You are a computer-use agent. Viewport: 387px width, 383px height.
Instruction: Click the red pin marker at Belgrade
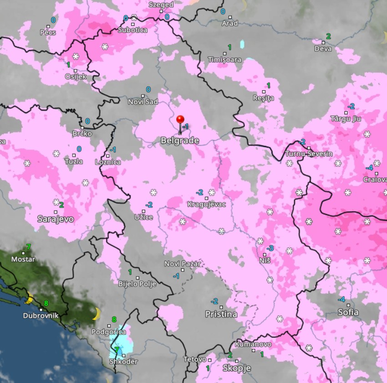[x=181, y=120]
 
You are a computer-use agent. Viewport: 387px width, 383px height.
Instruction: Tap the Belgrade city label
[x=179, y=140]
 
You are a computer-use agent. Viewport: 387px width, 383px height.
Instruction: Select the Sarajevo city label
[x=56, y=219]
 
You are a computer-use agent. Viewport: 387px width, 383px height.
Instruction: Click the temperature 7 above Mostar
[x=28, y=247]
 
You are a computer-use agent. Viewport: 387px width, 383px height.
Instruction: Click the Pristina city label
[x=221, y=314]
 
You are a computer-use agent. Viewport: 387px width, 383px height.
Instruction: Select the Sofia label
[x=348, y=313]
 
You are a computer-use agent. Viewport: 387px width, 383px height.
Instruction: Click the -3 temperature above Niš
[x=270, y=248]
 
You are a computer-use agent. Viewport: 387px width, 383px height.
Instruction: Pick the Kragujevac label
[x=206, y=204]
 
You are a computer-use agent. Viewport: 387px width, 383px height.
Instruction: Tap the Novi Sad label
[x=143, y=102]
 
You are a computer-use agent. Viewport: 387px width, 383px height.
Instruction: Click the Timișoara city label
[x=224, y=60]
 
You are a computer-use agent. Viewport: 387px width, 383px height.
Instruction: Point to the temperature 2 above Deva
[x=328, y=36]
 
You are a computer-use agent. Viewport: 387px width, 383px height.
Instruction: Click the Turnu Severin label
[x=309, y=154]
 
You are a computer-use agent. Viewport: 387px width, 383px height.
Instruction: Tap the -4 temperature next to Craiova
[x=370, y=168]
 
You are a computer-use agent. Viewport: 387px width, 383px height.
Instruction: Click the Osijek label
[x=76, y=77]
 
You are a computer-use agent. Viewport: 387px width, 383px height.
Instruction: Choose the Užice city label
[x=143, y=217]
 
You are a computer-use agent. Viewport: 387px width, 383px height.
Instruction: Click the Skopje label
[x=236, y=367]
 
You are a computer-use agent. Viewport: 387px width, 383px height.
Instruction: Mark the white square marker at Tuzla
[x=74, y=155]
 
